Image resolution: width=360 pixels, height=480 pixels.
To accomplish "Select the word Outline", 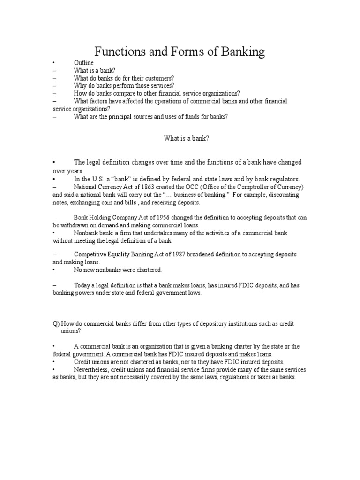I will click(x=83, y=63).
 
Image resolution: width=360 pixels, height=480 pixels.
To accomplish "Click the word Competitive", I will click(x=90, y=254).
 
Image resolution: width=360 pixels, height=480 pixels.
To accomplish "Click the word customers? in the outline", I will click(x=160, y=78).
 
